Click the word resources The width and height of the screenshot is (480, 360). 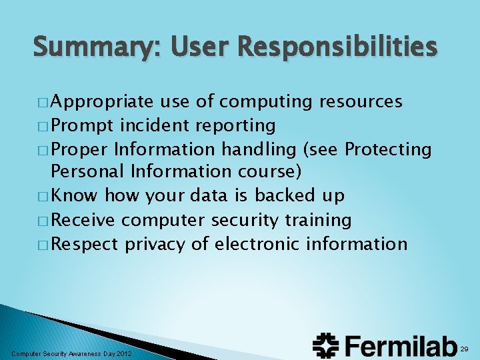coord(361,101)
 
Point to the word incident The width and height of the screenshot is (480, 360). coord(148,125)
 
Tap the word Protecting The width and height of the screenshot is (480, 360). coord(389,149)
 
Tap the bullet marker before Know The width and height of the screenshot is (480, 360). coord(42,197)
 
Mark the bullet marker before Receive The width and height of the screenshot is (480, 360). coord(42,221)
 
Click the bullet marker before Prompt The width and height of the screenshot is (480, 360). coord(42,126)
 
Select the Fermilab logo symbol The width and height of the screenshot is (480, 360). coord(326,345)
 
